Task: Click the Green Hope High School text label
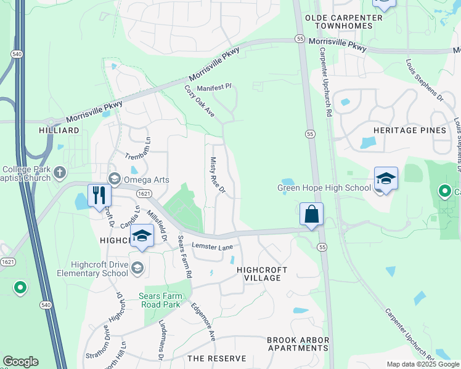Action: [x=323, y=188]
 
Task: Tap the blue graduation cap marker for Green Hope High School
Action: [x=386, y=179]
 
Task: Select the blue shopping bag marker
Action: [x=312, y=215]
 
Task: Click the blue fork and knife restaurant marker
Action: [x=99, y=196]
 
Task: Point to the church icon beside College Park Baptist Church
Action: [x=59, y=172]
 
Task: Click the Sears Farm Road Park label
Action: [x=160, y=300]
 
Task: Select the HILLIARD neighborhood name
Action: [x=59, y=130]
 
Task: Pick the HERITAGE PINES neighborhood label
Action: [x=409, y=130]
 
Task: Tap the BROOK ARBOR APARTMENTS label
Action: [x=298, y=344]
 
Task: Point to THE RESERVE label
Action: [x=216, y=358]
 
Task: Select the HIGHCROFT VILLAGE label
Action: [x=259, y=274]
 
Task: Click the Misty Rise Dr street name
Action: [x=218, y=175]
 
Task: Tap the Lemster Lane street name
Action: [x=213, y=247]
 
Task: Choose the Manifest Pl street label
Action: [x=213, y=88]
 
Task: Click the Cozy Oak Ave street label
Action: [x=199, y=101]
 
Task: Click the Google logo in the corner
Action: [x=20, y=362]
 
